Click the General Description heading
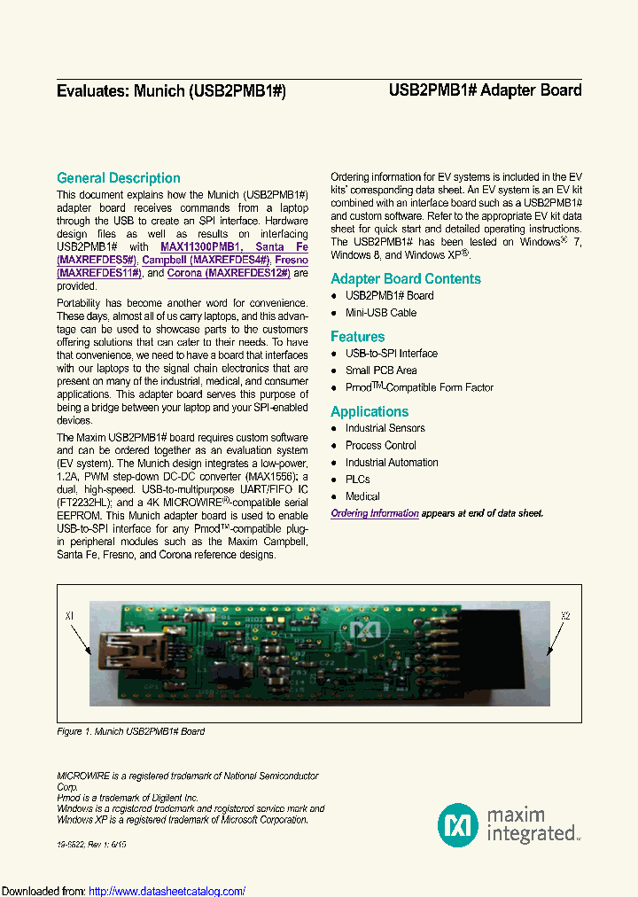(x=118, y=178)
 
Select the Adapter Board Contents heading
(x=405, y=278)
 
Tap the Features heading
(x=357, y=337)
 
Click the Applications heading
(x=370, y=411)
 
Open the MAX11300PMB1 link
(x=200, y=246)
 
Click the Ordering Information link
(x=375, y=513)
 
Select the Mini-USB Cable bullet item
(x=380, y=313)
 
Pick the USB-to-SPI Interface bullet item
(x=391, y=354)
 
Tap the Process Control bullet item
(x=380, y=445)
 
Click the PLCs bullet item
(x=358, y=480)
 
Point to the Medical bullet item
(x=362, y=496)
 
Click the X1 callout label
(x=71, y=615)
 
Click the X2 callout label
(x=565, y=615)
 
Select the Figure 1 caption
(x=130, y=731)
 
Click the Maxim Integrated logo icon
(x=458, y=824)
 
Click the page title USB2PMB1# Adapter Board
(x=485, y=90)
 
